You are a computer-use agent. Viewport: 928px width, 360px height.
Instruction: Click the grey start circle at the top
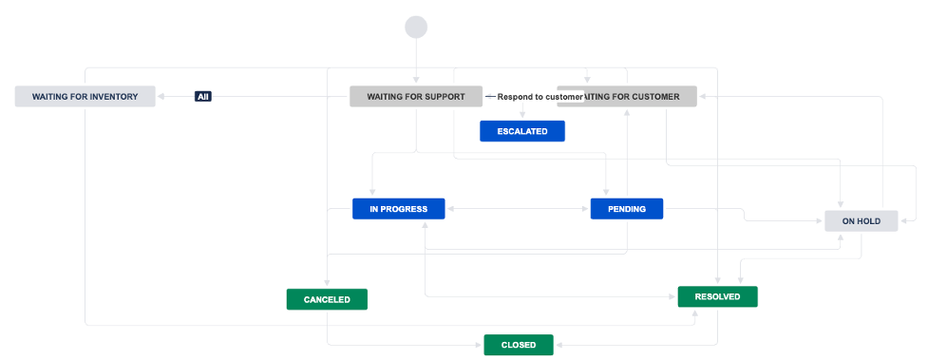(416, 27)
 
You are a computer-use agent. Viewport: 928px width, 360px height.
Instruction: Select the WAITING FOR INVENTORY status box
(85, 96)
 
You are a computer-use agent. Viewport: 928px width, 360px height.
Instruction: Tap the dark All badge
(202, 96)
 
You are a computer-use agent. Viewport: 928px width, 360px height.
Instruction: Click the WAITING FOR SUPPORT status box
(416, 96)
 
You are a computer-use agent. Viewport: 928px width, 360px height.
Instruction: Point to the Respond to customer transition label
(540, 97)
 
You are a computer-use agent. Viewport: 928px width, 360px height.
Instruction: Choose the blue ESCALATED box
(521, 131)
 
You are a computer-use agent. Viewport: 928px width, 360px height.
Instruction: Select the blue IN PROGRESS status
(398, 209)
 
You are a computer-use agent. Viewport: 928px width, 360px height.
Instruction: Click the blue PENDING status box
(626, 209)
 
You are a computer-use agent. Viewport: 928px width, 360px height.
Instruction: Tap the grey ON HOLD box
(861, 221)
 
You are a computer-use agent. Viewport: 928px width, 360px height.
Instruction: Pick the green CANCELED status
(327, 299)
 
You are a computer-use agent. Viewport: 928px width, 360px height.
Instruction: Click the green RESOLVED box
(717, 296)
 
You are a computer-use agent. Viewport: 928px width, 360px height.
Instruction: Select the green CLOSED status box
(518, 345)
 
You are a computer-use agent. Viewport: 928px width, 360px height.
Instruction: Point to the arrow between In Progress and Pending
(518, 209)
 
